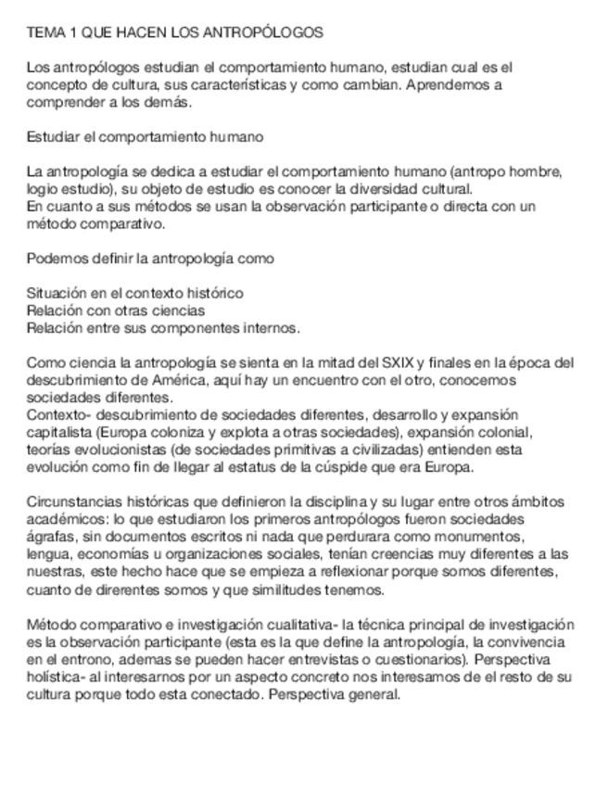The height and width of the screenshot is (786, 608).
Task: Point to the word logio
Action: (x=41, y=189)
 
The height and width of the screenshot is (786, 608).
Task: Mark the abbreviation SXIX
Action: (x=397, y=362)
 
